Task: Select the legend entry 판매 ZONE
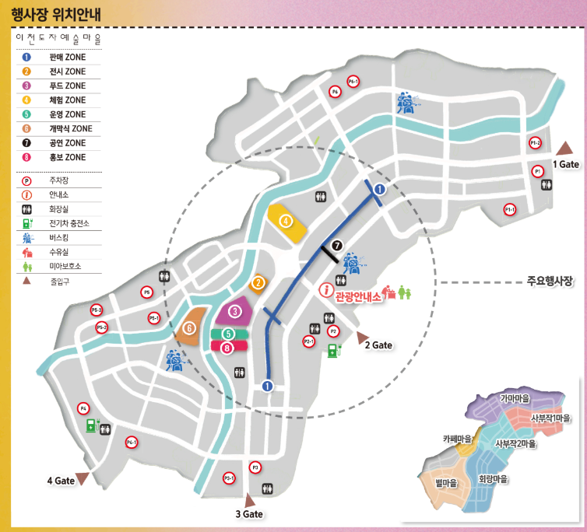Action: click(66, 58)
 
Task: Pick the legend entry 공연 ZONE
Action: click(66, 143)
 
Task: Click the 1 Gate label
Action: click(566, 164)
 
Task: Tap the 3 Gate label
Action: click(250, 514)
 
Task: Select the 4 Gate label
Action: click(61, 481)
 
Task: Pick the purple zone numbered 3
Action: click(233, 313)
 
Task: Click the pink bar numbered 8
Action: click(227, 348)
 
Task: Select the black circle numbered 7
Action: click(336, 246)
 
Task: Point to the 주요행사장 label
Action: click(549, 282)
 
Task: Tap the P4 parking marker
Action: click(83, 408)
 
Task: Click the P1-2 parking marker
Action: click(535, 143)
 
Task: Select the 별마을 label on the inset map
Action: click(445, 483)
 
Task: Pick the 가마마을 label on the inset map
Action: click(514, 398)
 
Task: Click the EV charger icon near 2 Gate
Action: click(333, 350)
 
